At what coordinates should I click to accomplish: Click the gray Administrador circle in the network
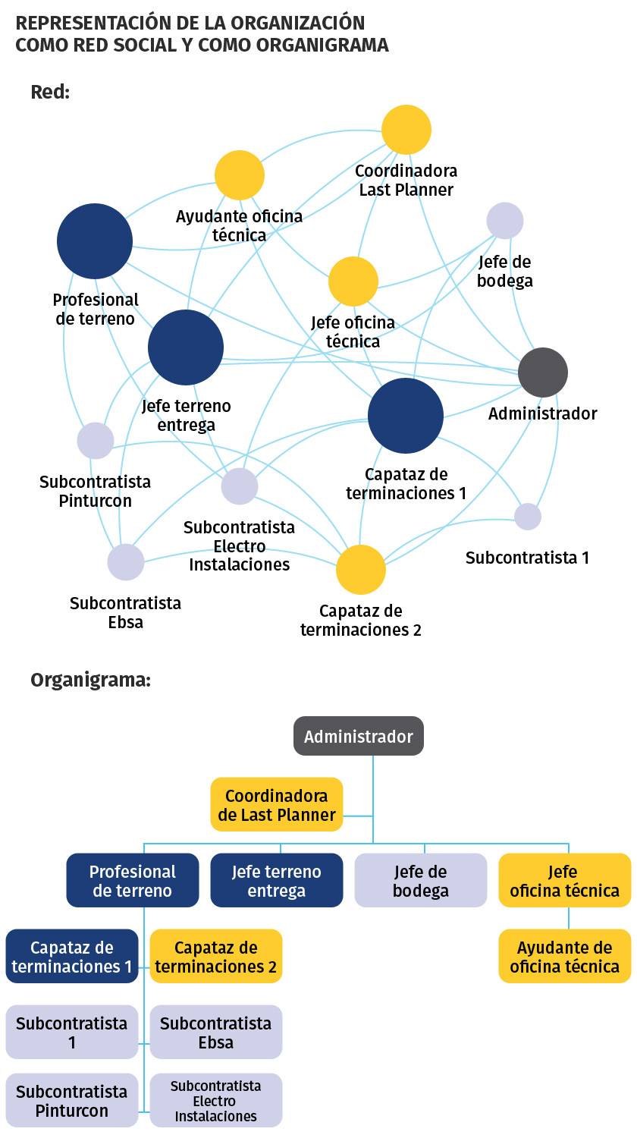click(542, 373)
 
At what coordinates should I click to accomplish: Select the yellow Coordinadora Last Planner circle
click(406, 130)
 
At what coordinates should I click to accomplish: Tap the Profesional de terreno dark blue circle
click(95, 241)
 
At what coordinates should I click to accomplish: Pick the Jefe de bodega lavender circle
click(505, 221)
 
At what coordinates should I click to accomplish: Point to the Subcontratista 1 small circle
click(528, 517)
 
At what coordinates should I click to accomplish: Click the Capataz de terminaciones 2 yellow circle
click(361, 570)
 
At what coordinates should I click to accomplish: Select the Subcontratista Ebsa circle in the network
click(125, 562)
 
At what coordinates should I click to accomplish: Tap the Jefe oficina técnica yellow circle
click(353, 281)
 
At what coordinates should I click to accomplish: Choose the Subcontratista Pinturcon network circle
click(96, 441)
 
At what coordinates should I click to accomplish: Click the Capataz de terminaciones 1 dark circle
click(406, 416)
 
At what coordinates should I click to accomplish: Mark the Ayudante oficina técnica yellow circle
click(240, 175)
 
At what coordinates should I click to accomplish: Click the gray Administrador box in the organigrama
click(359, 736)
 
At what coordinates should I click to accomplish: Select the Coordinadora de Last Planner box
click(277, 805)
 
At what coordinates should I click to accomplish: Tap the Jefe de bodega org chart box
click(421, 880)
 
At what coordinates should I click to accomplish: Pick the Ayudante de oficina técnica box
click(565, 957)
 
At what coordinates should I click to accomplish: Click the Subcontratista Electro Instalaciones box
click(216, 1100)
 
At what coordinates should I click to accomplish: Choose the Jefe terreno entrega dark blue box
click(277, 880)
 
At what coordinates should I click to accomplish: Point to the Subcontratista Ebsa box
click(216, 1033)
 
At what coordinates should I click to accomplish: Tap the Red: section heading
click(50, 92)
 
